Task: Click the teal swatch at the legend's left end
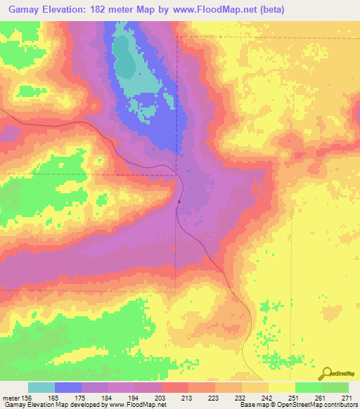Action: tap(41, 387)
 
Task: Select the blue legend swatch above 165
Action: tap(67, 387)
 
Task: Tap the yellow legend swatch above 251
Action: tap(281, 387)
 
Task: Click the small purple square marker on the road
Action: tap(179, 202)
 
